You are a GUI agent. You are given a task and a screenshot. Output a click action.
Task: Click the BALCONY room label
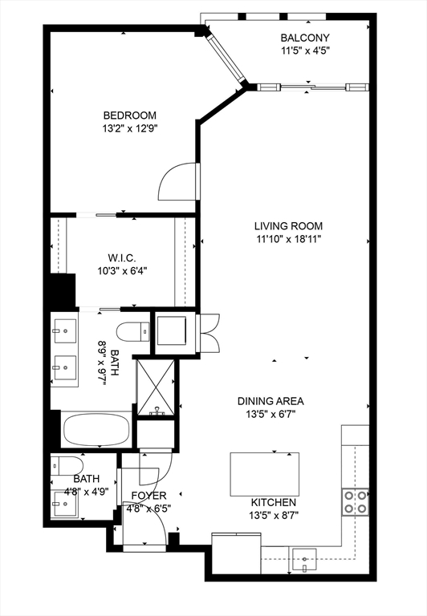coord(304,38)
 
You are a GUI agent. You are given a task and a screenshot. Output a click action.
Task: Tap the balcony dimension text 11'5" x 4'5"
coord(304,51)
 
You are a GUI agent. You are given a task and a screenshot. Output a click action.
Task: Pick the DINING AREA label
coord(270,401)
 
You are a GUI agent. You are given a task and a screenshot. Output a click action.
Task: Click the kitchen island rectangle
coord(264,474)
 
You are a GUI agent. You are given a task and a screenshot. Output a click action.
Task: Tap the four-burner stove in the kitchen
coord(355,502)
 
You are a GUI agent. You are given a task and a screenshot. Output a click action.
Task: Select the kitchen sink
coord(304,556)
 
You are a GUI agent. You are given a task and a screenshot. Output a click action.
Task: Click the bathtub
coord(96,430)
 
